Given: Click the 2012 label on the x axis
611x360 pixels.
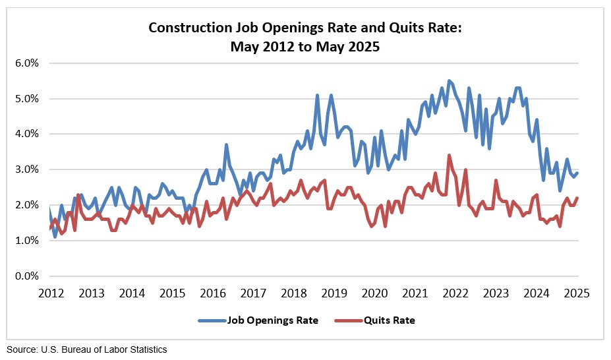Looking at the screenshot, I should coord(51,293).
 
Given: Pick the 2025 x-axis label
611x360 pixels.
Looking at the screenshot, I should coord(577,293).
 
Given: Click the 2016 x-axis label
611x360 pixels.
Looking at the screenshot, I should coord(213,293).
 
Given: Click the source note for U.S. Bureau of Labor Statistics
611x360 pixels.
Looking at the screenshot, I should coord(87,349).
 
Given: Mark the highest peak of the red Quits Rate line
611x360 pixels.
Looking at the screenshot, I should coord(449,156).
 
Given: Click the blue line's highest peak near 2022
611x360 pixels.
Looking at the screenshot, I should coord(449,81).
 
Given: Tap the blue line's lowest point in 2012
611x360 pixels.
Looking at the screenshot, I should coord(55,237).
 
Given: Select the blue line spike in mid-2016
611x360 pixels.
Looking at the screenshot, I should coord(226,144).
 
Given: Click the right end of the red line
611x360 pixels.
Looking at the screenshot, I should coord(577,198).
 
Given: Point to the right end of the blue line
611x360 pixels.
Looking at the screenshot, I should coord(577,173).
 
